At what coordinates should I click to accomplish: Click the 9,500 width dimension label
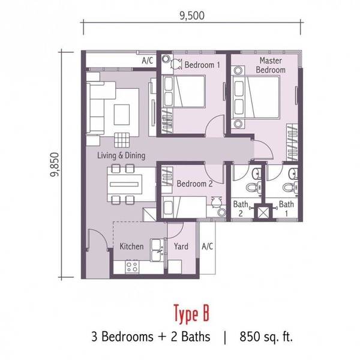[x=192, y=16]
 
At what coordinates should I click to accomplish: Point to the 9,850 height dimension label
[x=55, y=164]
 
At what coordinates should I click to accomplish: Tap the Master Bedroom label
[x=271, y=65]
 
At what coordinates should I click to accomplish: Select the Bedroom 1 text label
[x=202, y=65]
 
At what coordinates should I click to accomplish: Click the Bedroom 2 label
[x=194, y=184]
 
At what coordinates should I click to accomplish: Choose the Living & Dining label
[x=121, y=155]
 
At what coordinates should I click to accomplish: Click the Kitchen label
[x=131, y=247]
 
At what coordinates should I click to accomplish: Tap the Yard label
[x=181, y=247]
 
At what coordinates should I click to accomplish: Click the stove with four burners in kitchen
[x=132, y=267]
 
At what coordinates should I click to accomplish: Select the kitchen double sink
[x=157, y=250]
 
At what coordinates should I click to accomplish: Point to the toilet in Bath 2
[x=254, y=187]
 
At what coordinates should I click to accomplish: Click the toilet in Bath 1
[x=290, y=187]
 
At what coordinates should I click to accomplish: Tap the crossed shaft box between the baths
[x=263, y=212]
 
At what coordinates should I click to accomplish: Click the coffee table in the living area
[x=122, y=115]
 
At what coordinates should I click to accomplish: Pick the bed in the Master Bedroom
[x=256, y=98]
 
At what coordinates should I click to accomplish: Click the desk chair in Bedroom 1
[x=176, y=64]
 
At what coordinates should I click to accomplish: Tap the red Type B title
[x=191, y=313]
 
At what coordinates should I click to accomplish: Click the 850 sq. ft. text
[x=266, y=337]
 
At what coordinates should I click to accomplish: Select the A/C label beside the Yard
[x=208, y=247]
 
